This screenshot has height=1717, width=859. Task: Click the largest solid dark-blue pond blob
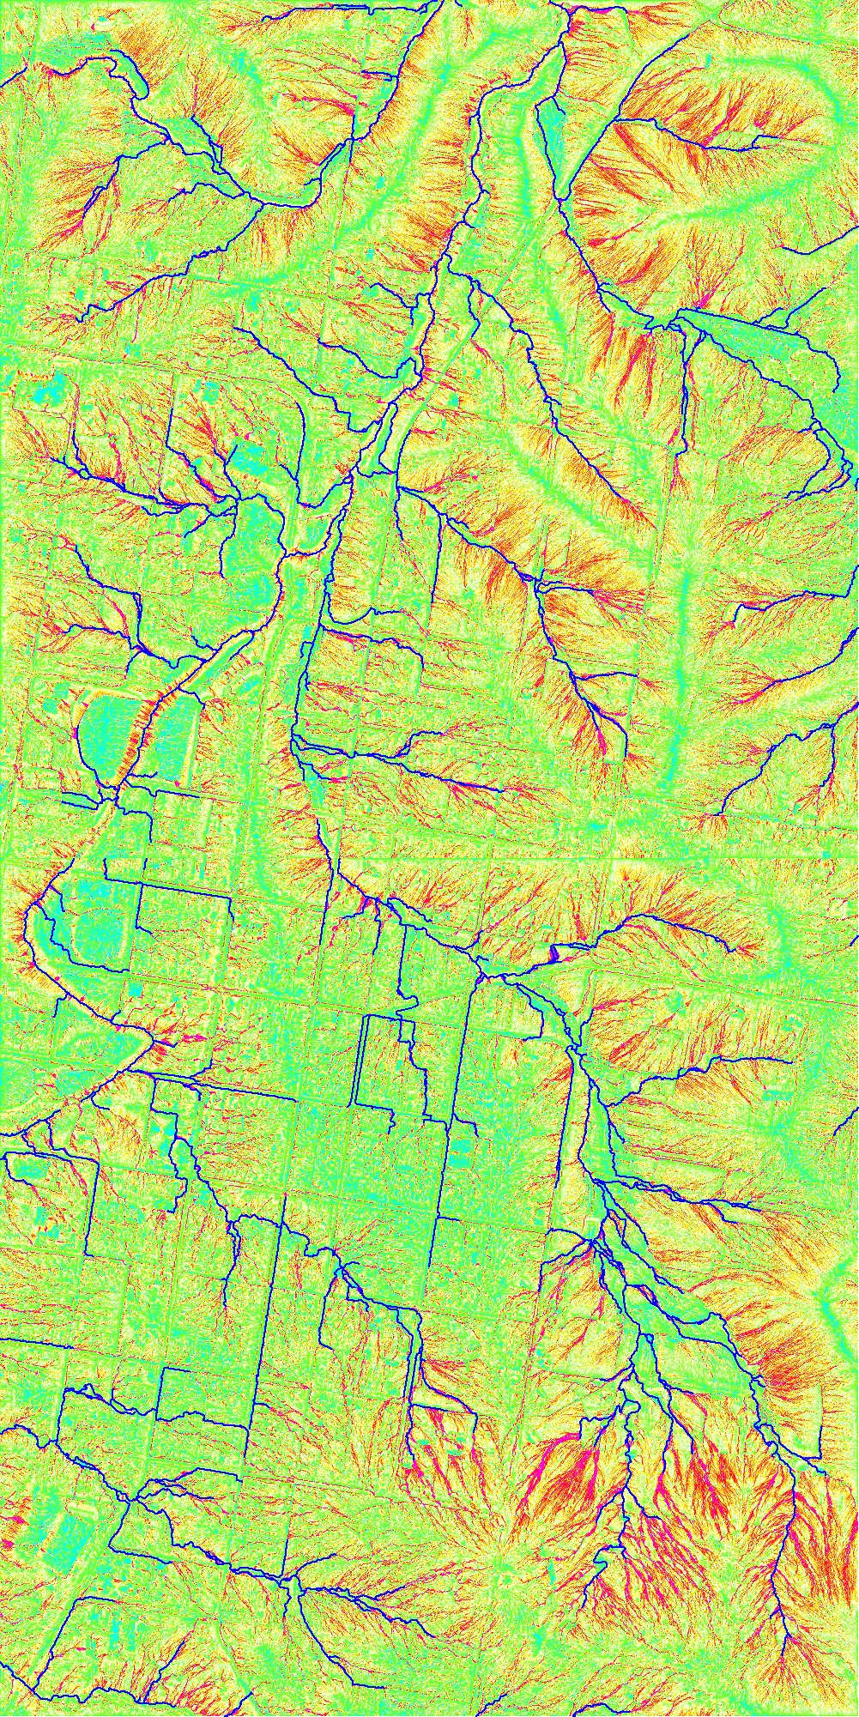pyautogui.click(x=554, y=952)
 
